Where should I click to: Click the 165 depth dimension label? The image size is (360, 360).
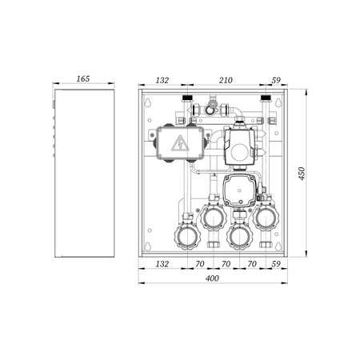point(83,78)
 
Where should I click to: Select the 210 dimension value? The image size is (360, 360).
point(226,80)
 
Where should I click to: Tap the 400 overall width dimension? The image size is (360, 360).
point(212,278)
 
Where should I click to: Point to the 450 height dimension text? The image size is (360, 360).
point(302,174)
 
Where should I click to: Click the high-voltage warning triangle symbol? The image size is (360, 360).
point(180,143)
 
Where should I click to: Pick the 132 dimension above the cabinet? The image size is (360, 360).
point(162,80)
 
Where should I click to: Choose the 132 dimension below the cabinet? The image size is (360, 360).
point(162,264)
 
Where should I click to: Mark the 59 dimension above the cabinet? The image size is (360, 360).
point(276,80)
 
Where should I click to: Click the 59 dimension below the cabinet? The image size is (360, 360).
point(276,264)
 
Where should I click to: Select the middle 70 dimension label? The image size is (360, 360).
point(226,264)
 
